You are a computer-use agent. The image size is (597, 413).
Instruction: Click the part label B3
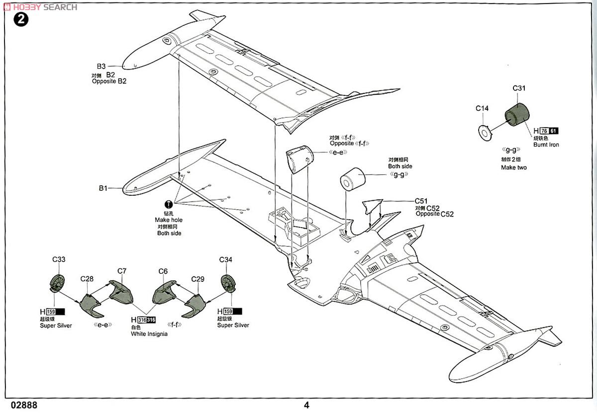[x=101, y=66]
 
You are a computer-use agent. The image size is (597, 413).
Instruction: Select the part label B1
[x=102, y=188]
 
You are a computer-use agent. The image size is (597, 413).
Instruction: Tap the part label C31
[x=519, y=89]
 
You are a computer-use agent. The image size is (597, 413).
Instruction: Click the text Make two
[x=514, y=167]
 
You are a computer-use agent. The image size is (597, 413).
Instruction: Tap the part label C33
[x=59, y=259]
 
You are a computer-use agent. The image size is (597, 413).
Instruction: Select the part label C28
[x=87, y=279]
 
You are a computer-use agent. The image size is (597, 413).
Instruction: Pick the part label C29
[x=198, y=279]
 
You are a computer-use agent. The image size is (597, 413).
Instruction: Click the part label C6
[x=163, y=271]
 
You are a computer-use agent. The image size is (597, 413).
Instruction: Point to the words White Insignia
[x=149, y=334]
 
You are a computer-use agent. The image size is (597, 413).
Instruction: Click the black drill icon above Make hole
[x=169, y=204]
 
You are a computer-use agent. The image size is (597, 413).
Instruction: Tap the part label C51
[x=421, y=201]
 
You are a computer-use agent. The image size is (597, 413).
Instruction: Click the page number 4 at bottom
[x=306, y=405]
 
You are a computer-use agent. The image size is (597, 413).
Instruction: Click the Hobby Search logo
[x=40, y=7]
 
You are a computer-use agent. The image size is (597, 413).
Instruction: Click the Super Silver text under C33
[x=56, y=326]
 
